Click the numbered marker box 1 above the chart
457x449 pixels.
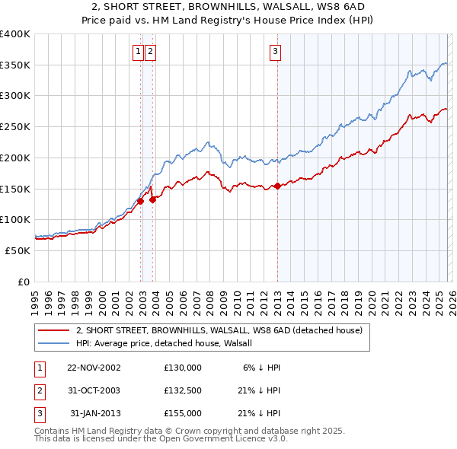pyautogui.click(x=138, y=52)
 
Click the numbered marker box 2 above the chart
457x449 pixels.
pyautogui.click(x=149, y=52)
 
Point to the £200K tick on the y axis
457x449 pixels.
pyautogui.click(x=15, y=158)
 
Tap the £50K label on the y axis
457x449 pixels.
pyautogui.click(x=18, y=250)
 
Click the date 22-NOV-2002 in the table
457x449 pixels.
pyautogui.click(x=94, y=367)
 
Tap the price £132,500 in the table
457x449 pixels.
pyautogui.click(x=182, y=390)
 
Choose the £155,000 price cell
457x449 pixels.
pyautogui.click(x=182, y=413)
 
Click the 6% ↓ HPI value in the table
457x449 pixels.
pyautogui.click(x=262, y=367)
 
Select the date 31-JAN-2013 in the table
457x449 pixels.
pyautogui.click(x=94, y=413)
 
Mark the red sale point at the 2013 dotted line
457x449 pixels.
pyautogui.click(x=277, y=185)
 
